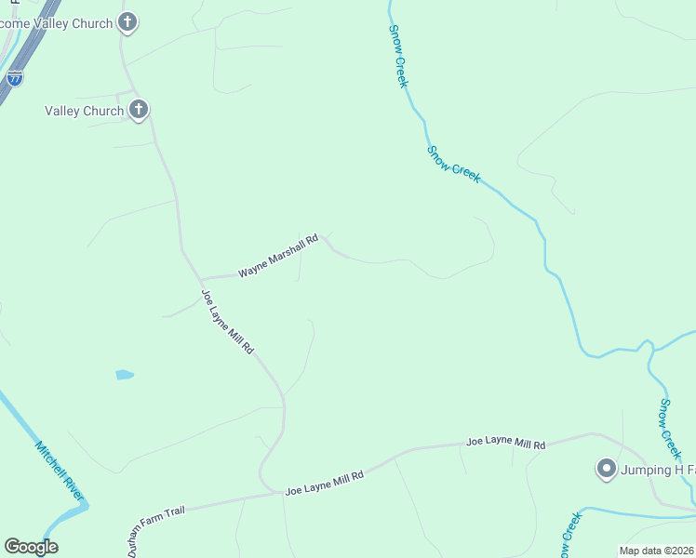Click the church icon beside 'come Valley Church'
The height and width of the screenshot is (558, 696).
[128, 22]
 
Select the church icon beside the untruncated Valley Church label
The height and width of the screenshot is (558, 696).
[139, 111]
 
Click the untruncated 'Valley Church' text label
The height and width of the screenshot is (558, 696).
[84, 112]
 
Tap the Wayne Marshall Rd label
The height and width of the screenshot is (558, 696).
[277, 256]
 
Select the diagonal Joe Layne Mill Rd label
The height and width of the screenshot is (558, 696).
[228, 322]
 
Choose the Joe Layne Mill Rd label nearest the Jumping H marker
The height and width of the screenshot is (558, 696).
[505, 444]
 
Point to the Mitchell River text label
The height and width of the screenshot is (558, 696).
[59, 472]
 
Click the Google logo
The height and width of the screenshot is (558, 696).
[31, 547]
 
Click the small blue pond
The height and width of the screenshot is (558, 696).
[124, 375]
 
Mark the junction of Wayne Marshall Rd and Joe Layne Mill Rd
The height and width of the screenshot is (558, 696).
[201, 278]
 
